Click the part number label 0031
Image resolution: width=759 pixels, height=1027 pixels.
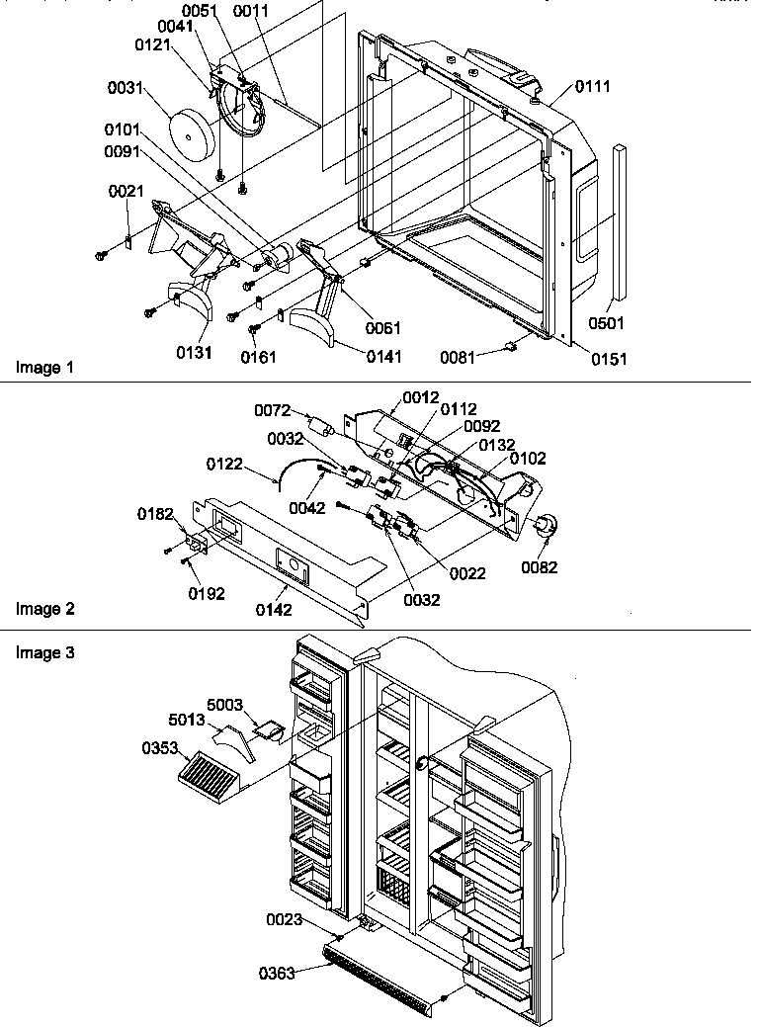(126, 89)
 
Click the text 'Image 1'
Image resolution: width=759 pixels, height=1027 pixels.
(44, 368)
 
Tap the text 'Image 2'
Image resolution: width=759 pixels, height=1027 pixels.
(44, 610)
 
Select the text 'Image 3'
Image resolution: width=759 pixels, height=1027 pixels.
(44, 652)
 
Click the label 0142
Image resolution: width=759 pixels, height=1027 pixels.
(273, 610)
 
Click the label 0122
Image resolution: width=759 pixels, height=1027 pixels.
(226, 462)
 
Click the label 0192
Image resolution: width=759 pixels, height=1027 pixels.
(208, 593)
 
